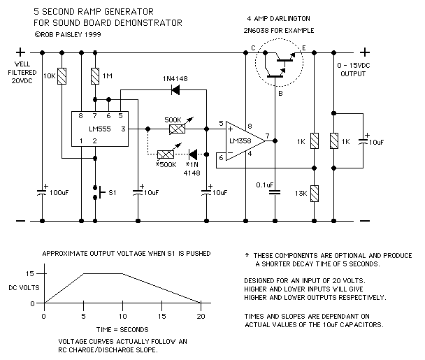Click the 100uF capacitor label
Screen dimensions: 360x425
tap(60, 192)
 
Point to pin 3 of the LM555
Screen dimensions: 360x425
tap(123, 129)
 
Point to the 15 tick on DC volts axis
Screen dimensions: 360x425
tap(29, 273)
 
